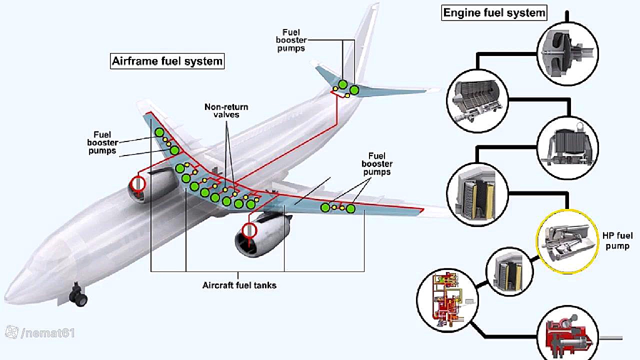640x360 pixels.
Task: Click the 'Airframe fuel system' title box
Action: (x=167, y=61)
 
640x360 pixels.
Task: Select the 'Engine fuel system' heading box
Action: (x=494, y=12)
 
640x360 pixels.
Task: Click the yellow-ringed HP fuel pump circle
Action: (x=567, y=241)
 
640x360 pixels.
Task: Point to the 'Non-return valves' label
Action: (x=226, y=110)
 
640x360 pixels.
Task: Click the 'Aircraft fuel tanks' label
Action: (x=239, y=285)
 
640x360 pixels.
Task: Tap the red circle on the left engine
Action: (x=137, y=183)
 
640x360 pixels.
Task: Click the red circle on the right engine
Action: (x=248, y=230)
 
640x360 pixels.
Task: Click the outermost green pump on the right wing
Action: (x=350, y=208)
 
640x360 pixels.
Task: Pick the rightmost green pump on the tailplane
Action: (x=354, y=90)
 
